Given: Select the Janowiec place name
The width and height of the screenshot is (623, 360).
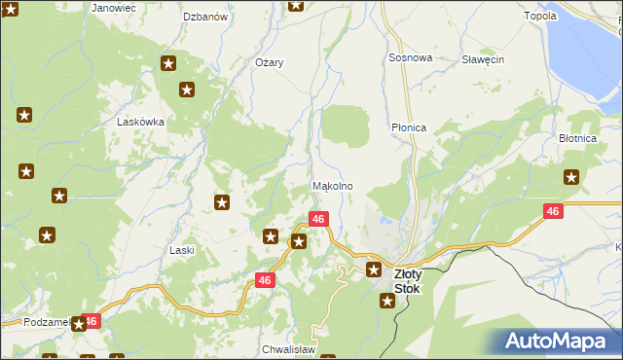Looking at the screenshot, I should point(114,7).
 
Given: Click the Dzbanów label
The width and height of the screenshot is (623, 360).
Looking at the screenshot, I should point(205,17).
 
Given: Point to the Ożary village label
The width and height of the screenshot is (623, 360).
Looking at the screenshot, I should point(269,62).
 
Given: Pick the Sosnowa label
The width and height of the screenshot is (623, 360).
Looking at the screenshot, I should point(410,58).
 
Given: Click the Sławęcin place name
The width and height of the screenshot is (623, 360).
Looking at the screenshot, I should point(483,59).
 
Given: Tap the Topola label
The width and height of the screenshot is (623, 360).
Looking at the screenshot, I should point(540,16).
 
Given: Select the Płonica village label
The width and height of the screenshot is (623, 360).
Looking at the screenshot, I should point(409,127).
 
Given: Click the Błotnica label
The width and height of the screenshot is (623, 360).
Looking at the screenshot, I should point(577,139).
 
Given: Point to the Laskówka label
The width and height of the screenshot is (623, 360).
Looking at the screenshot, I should point(140,123).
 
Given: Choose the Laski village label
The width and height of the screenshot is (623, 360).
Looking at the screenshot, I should point(182,250).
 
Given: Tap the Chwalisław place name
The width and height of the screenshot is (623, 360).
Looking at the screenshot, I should point(287,348).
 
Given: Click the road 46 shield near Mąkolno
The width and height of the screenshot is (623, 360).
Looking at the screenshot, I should point(318,219).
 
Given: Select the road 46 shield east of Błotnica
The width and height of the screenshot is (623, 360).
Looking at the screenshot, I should point(553,211).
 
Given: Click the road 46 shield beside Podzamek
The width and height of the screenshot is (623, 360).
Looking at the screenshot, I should point(92,320).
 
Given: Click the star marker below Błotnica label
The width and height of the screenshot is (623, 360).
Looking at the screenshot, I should point(572,177).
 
